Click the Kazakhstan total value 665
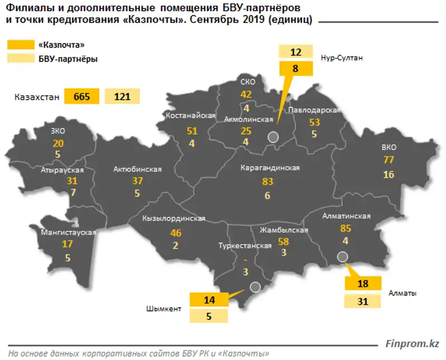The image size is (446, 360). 81,96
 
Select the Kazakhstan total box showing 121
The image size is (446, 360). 122,96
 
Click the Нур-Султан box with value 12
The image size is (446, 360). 295,53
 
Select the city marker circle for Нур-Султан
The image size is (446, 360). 273,137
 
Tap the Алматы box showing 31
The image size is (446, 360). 363,301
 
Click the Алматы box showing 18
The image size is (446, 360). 363,284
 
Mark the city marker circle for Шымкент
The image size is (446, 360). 255,288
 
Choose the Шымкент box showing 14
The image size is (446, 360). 209,299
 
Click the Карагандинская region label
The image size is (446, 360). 270,168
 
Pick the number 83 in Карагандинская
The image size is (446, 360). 268,182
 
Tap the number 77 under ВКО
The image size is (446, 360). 389,160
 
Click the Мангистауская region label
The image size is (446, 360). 69,232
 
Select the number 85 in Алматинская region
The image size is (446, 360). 346,228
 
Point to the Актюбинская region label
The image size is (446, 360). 137,169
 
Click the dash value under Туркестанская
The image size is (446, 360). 245,259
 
